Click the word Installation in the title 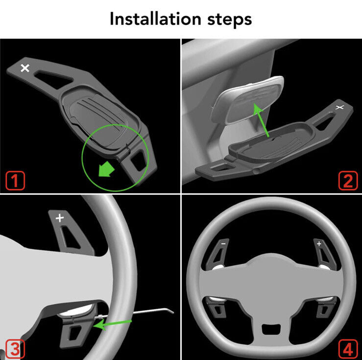[x=155, y=19]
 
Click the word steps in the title [x=229, y=20]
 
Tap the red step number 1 [x=15, y=181]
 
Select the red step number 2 [x=348, y=181]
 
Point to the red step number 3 [x=15, y=349]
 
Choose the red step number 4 [x=348, y=349]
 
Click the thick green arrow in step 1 [x=106, y=169]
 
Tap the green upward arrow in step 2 [x=261, y=120]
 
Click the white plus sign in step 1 [x=25, y=68]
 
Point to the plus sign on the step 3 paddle [x=60, y=218]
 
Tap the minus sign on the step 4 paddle [x=223, y=244]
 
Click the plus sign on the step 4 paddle [x=319, y=244]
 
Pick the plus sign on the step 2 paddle [x=339, y=107]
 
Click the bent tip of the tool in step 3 [x=170, y=311]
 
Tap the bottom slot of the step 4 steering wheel [x=271, y=329]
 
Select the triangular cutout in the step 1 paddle [x=52, y=78]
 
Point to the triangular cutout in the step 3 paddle [x=71, y=237]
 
